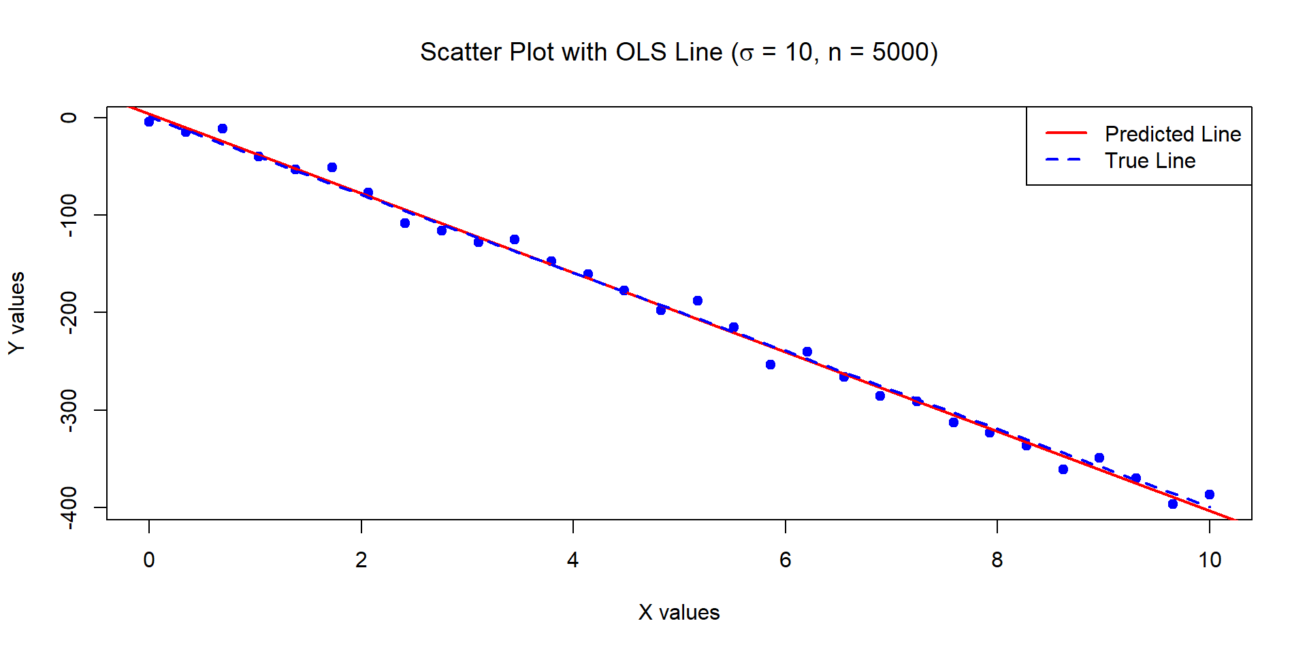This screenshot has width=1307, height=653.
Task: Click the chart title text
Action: coord(679,52)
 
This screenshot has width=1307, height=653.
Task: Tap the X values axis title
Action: coord(679,612)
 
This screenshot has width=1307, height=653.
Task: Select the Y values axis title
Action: coord(17,313)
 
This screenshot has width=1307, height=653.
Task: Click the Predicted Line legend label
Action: coord(1172,134)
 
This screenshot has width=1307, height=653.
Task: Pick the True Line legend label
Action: coord(1150,161)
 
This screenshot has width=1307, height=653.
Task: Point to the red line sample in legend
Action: coord(1066,133)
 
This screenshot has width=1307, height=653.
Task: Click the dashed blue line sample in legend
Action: coord(1066,160)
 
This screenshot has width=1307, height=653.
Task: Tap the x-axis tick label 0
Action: coord(149,560)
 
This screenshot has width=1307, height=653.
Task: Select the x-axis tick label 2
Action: coord(361,560)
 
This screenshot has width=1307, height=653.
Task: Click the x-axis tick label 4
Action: coord(573,560)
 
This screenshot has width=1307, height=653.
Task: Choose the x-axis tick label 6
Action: coord(785,560)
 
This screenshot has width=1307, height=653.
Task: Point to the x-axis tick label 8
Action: coord(997,560)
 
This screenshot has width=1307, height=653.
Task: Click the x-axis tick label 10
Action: coord(1210,560)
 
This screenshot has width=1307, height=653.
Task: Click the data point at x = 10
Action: coord(1210,495)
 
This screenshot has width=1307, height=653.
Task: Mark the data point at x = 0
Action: coord(149,122)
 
